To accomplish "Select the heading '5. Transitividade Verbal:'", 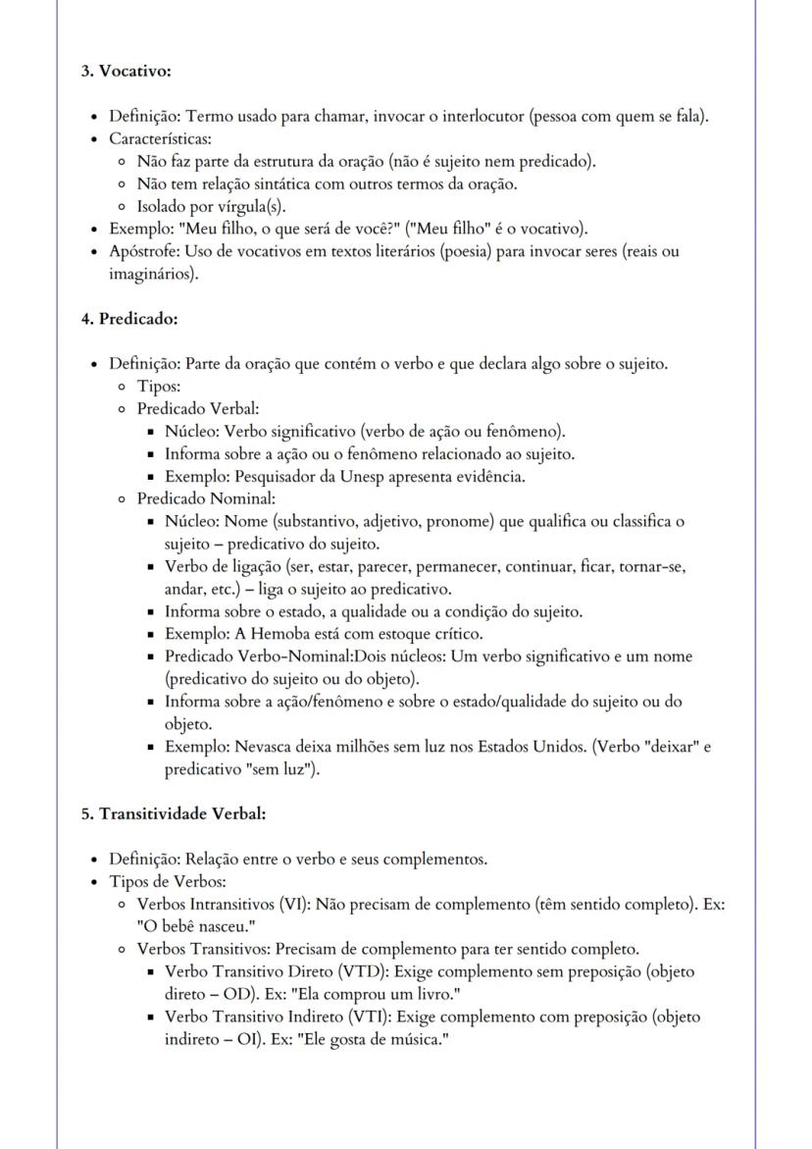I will (174, 813).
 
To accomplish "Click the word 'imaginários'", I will (150, 273).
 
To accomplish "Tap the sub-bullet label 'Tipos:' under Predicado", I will (158, 387).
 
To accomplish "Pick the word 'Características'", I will (160, 138).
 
